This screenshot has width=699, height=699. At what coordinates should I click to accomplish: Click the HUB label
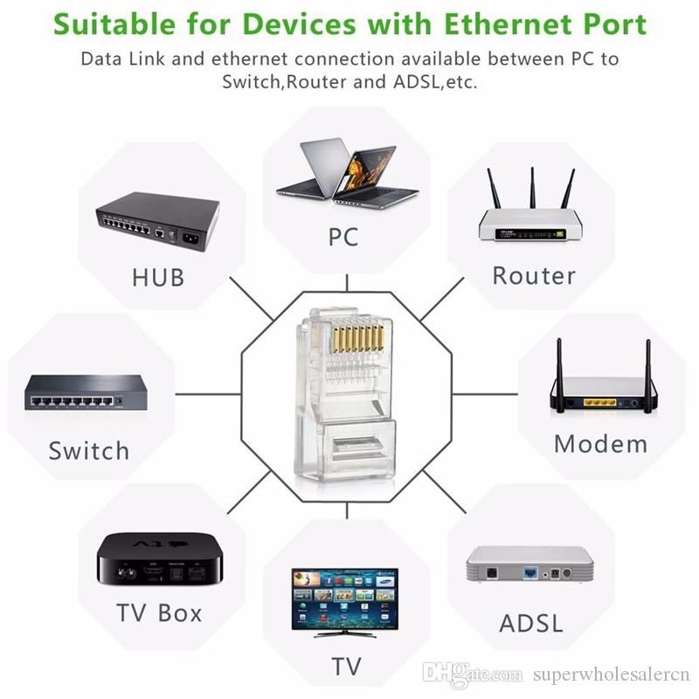158,278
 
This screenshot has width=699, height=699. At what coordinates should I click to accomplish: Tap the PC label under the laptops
343,236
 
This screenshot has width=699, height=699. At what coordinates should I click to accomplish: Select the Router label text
534,276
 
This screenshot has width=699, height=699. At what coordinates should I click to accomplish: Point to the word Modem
601,443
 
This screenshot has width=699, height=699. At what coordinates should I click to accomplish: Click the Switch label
88,452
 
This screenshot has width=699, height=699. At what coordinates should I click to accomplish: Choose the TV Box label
159,612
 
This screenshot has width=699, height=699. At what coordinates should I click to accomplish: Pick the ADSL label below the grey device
531,624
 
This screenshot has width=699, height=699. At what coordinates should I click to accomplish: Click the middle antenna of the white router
531,189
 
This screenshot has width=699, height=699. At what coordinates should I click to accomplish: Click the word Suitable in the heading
125,23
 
